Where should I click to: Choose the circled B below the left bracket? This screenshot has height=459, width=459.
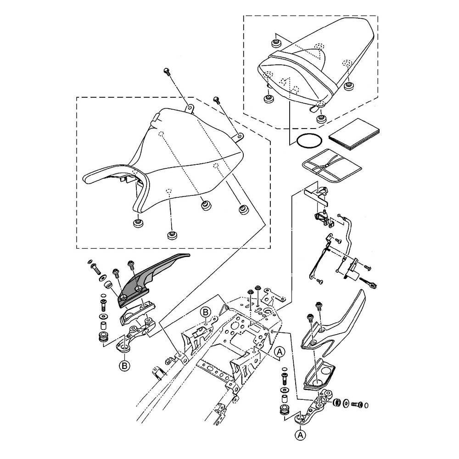123,366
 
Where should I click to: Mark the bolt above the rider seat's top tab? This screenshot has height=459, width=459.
167,72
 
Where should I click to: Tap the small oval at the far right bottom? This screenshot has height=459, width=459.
366,405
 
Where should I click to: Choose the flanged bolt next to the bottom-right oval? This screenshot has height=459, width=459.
356,404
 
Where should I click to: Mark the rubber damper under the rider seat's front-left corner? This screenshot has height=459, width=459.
137,224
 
